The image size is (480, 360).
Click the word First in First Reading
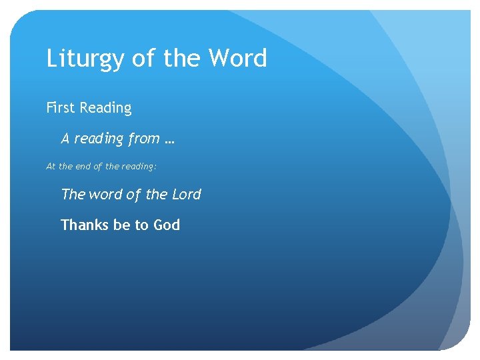coord(61,107)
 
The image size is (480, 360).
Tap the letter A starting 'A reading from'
coord(65,139)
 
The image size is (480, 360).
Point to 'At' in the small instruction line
coord(51,167)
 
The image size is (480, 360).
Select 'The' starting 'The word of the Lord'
coord(73,194)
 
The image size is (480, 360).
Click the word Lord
coord(186,194)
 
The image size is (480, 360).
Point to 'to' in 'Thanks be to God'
coord(142,225)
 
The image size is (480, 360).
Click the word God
coord(167,225)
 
